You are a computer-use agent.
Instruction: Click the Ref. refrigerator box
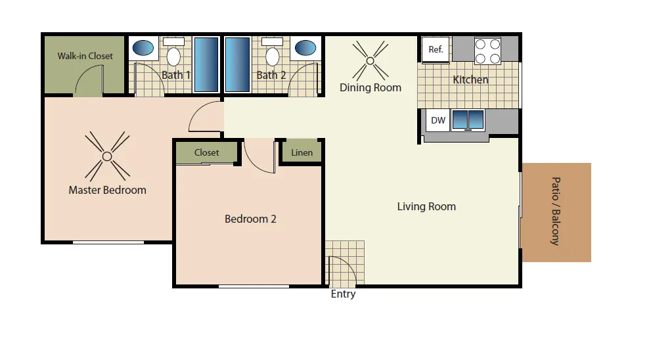click(436, 49)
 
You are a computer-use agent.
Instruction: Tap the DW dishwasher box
click(438, 120)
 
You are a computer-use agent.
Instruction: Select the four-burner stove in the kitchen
click(487, 51)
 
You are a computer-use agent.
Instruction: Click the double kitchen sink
click(468, 120)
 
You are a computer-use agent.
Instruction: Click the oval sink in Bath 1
click(143, 48)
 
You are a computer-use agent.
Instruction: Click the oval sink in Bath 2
click(305, 48)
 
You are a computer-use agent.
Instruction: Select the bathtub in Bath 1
click(206, 64)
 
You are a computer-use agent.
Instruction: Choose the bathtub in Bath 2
click(238, 64)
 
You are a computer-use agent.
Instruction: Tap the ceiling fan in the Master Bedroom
click(107, 156)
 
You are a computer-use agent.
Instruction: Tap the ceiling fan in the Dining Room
click(370, 60)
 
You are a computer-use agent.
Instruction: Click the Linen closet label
click(302, 152)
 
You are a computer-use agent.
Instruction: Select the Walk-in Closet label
click(85, 56)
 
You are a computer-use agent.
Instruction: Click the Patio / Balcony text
click(556, 212)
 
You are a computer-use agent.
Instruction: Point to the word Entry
click(344, 294)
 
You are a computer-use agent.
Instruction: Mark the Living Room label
click(426, 206)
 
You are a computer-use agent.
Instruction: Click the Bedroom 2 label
click(250, 219)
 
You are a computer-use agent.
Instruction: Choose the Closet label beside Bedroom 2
click(206, 152)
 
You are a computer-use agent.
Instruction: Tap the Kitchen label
click(470, 79)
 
